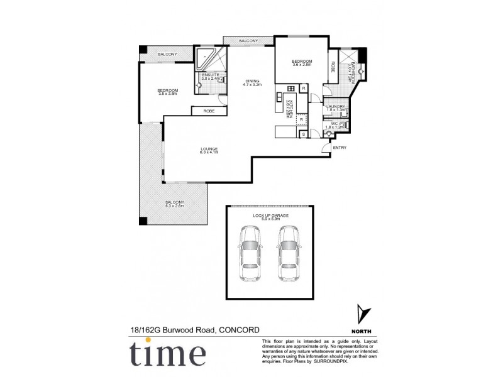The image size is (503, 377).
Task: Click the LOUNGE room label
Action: tap(209, 149)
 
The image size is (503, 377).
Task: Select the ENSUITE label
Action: tap(210, 75)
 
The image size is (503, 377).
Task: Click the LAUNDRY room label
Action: tap(335, 107)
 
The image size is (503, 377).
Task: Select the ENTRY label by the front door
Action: tap(340, 148)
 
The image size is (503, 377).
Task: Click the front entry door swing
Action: tap(324, 148)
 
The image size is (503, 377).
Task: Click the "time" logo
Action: tap(167, 353)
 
